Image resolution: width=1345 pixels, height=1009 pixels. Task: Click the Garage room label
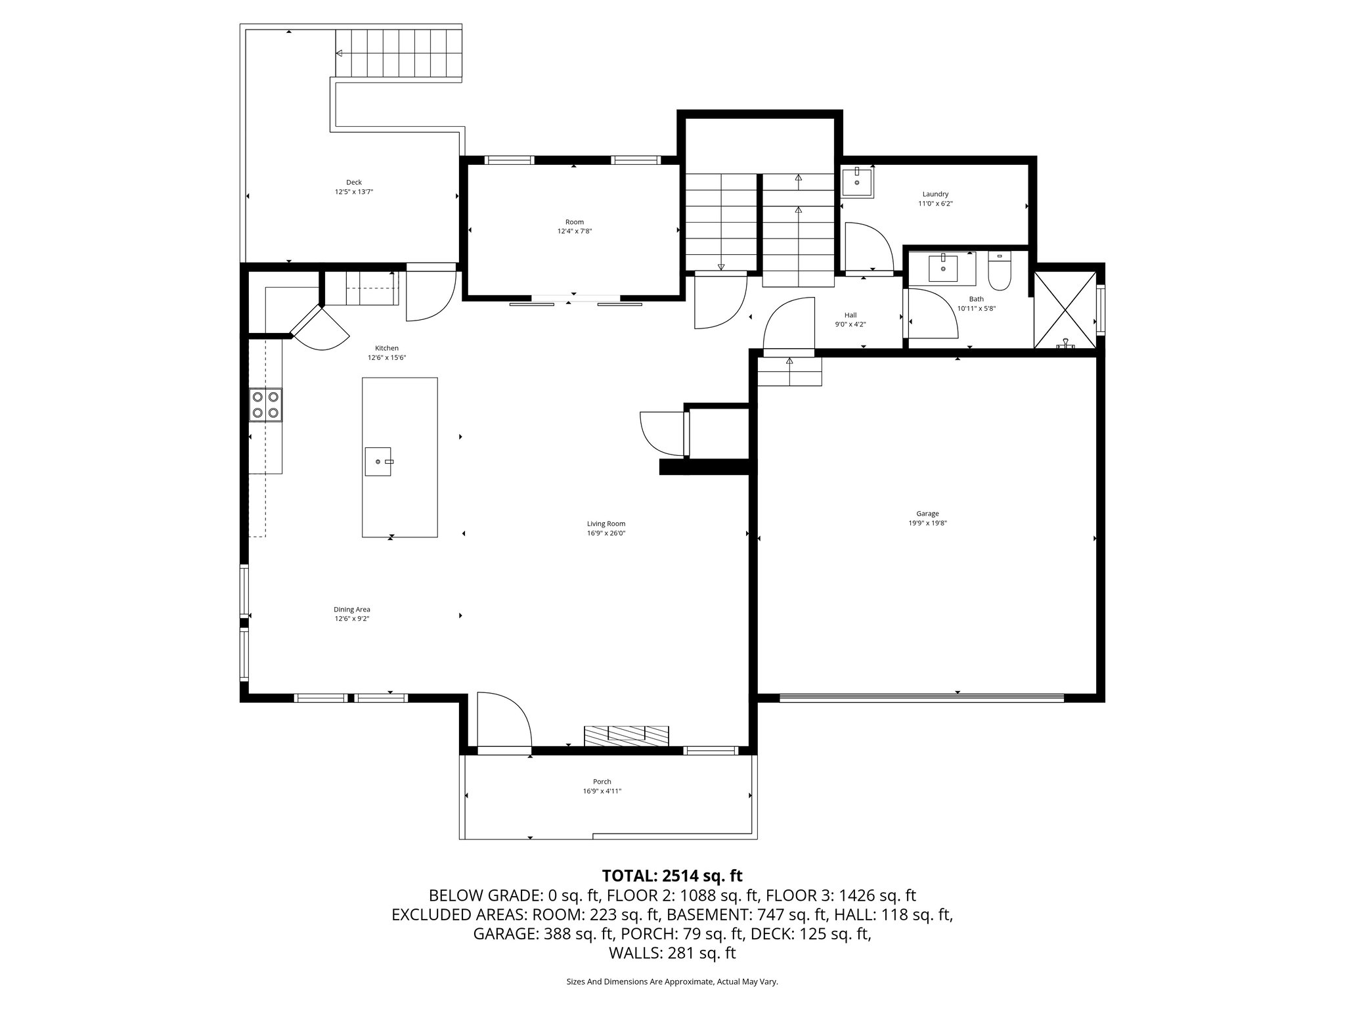[927, 514]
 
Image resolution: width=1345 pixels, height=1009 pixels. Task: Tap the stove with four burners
[265, 405]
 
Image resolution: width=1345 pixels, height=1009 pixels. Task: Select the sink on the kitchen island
[378, 461]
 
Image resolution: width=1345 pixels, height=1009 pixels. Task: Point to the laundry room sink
[857, 182]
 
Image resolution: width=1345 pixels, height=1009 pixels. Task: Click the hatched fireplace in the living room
[627, 735]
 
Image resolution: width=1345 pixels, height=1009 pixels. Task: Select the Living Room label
[606, 524]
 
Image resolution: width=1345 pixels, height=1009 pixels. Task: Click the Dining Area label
[352, 609]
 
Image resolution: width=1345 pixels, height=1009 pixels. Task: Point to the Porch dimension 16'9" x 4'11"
[602, 792]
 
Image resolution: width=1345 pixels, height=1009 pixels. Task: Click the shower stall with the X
[1065, 309]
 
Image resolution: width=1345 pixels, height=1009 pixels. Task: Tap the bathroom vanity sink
[943, 268]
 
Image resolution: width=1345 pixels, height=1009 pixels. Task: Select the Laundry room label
[935, 194]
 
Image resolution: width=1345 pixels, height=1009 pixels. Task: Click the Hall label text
[850, 315]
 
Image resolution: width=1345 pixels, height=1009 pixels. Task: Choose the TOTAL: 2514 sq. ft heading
[672, 876]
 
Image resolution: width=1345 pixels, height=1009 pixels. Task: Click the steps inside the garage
[789, 372]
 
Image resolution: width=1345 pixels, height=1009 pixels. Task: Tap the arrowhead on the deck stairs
[340, 53]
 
